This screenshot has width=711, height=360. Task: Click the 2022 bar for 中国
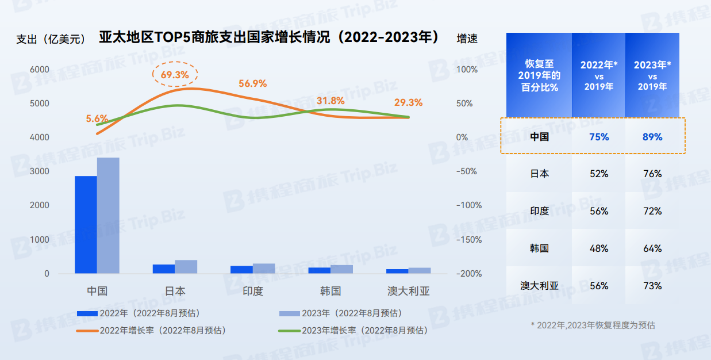point(86,224)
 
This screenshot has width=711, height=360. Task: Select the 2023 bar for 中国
point(108,215)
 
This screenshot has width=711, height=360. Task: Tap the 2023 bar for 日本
point(186,266)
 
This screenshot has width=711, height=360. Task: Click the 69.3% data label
point(175,75)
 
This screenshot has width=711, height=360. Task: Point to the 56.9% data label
point(253,83)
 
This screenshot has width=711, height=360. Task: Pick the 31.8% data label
point(330,101)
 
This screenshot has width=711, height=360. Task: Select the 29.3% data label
point(408,102)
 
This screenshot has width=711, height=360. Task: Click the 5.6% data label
point(97,118)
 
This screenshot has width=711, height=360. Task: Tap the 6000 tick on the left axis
point(39,69)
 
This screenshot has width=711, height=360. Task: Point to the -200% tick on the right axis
point(468,273)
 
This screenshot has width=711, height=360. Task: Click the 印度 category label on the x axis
point(253,291)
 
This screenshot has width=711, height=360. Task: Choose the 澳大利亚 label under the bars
point(408,291)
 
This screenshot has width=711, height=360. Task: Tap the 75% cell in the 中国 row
point(598,137)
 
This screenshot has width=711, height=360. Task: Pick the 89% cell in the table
point(652,137)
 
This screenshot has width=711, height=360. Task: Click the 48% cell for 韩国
point(598,248)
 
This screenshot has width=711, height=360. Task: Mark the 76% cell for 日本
point(652,174)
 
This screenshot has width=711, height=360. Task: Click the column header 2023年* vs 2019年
point(652,75)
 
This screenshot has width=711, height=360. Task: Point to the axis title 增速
point(467,39)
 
